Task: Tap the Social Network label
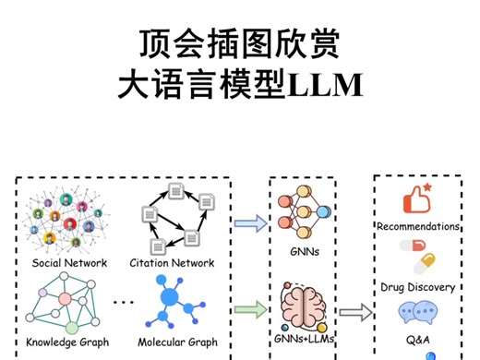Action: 69,263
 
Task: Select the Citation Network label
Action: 172,263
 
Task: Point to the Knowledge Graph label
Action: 67,342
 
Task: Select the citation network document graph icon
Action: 172,218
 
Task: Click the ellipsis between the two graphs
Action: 122,303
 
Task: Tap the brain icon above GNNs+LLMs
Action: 301,302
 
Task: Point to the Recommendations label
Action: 418,226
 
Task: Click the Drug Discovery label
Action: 417,287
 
